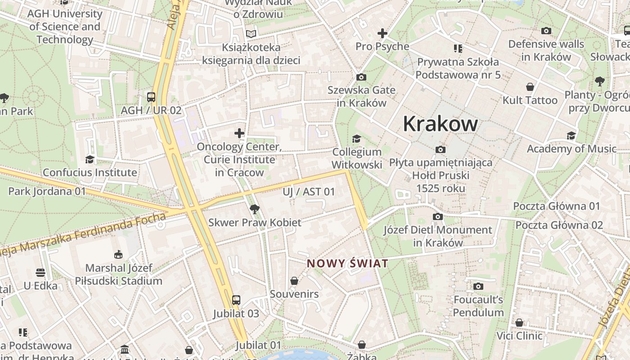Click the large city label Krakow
440,123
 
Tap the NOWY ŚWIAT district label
347,263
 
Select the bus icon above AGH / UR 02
151,97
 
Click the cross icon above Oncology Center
239,133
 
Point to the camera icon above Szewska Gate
361,77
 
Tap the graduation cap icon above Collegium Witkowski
357,139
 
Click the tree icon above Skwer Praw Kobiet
254,209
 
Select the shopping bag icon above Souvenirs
294,281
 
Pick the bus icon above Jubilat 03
236,300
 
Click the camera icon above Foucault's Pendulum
478,286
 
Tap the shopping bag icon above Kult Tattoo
530,87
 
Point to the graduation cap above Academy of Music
571,135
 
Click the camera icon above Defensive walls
546,31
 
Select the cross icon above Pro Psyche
382,33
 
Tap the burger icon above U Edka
40,273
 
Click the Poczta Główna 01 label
557,206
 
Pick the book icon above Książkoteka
251,34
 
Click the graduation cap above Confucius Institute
90,159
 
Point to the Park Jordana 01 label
47,191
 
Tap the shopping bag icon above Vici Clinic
519,323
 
